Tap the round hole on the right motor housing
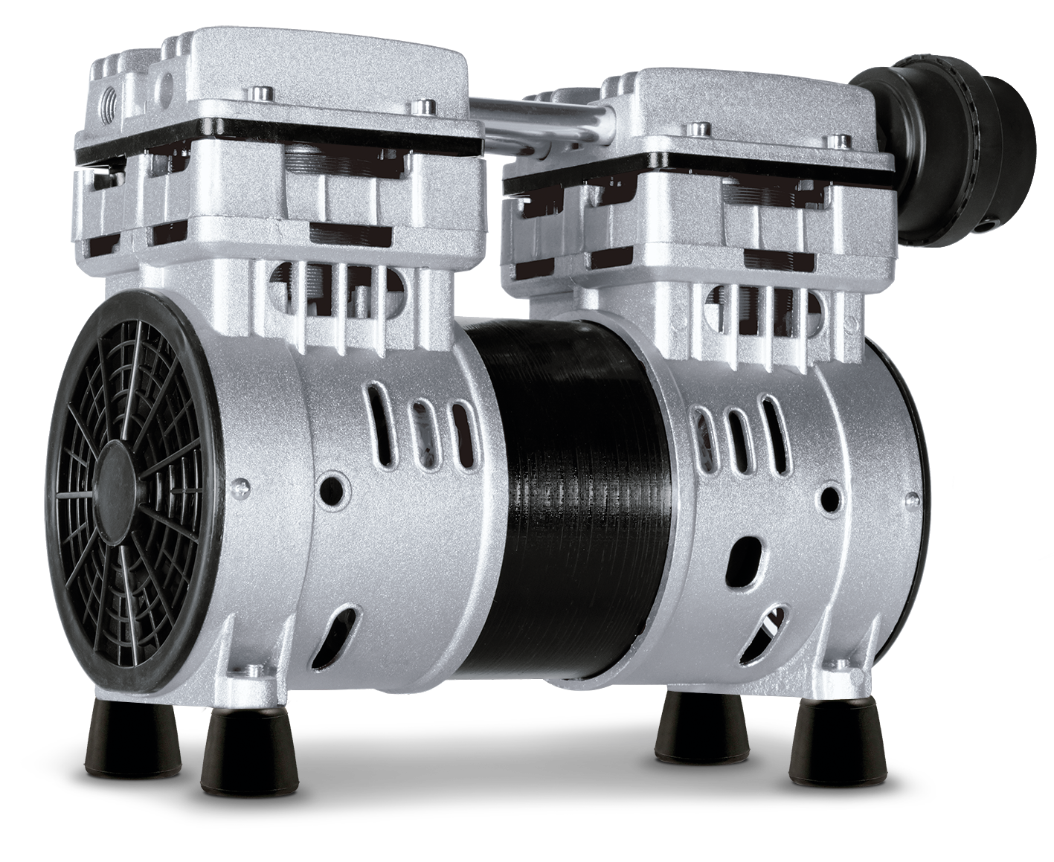point(827,498)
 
